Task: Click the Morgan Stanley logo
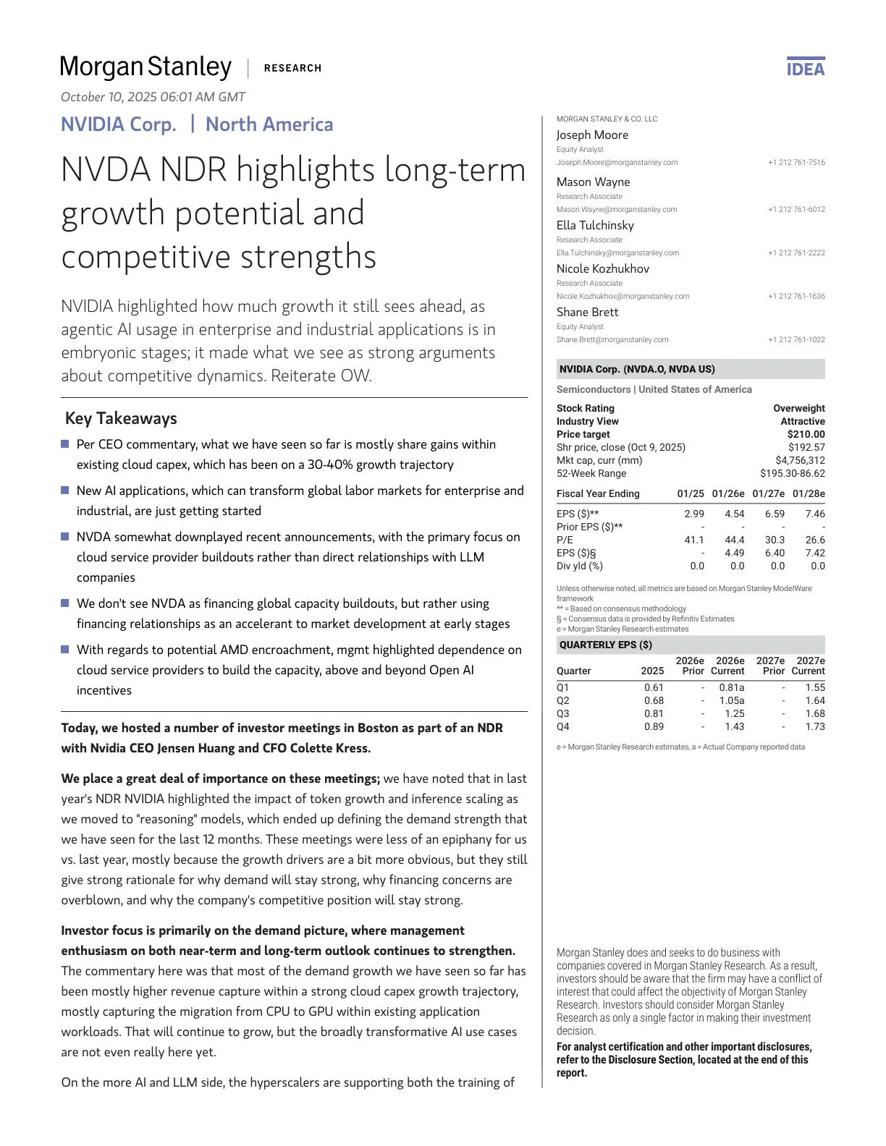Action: (x=145, y=67)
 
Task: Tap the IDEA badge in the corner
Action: (x=806, y=68)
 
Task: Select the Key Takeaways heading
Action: (x=121, y=418)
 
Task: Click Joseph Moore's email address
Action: (x=617, y=163)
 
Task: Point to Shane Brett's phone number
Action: (x=796, y=339)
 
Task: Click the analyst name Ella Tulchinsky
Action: (x=595, y=225)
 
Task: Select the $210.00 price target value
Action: (x=806, y=434)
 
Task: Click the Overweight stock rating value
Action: (x=798, y=408)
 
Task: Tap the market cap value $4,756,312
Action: (x=800, y=460)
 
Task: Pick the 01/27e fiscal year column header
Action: (x=768, y=493)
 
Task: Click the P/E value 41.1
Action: (x=693, y=540)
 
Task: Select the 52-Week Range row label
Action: (x=591, y=473)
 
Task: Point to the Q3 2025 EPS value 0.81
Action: (x=654, y=713)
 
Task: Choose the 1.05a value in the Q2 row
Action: (x=731, y=700)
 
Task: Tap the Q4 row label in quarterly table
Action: (x=563, y=726)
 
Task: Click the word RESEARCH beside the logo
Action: (x=292, y=68)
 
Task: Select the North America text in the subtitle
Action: (x=269, y=124)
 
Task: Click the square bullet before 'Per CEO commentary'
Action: (x=65, y=443)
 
